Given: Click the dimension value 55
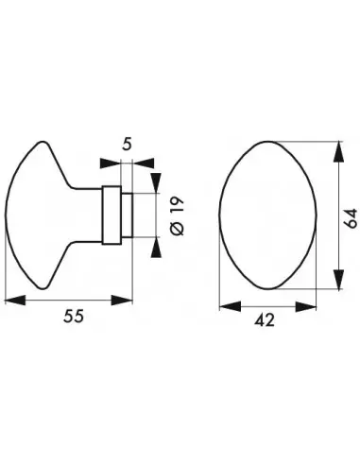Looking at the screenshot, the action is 74,316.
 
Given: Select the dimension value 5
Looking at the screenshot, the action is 127,145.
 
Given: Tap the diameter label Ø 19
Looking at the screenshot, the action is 177,215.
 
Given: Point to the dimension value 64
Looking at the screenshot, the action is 351,217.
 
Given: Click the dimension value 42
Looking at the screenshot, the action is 265,320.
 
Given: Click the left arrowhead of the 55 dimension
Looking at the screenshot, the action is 15,301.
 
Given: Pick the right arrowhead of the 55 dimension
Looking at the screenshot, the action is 122,301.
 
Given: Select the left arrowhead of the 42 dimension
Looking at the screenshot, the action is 230,306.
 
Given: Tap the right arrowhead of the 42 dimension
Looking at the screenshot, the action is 305,306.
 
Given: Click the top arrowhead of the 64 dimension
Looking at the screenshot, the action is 338,151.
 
